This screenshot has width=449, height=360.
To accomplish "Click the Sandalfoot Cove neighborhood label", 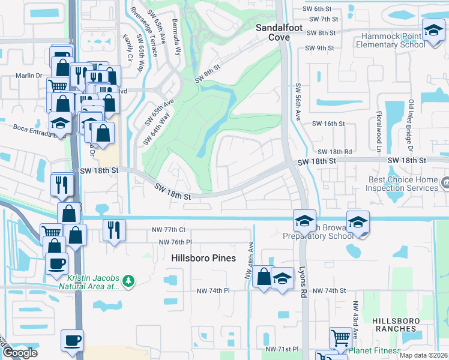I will (273, 32).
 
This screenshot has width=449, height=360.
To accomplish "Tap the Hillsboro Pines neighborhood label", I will (203, 258).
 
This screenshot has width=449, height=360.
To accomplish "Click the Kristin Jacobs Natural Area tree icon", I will (128, 280).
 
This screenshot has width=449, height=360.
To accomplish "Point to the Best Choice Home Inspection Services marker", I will (445, 181).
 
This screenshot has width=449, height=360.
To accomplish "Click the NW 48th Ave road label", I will (250, 260).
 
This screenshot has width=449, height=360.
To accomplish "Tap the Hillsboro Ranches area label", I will (394, 325).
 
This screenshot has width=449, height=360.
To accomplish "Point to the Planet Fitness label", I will (375, 350).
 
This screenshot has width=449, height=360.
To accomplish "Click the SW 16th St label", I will (329, 124).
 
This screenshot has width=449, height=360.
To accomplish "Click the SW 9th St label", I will (319, 48).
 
